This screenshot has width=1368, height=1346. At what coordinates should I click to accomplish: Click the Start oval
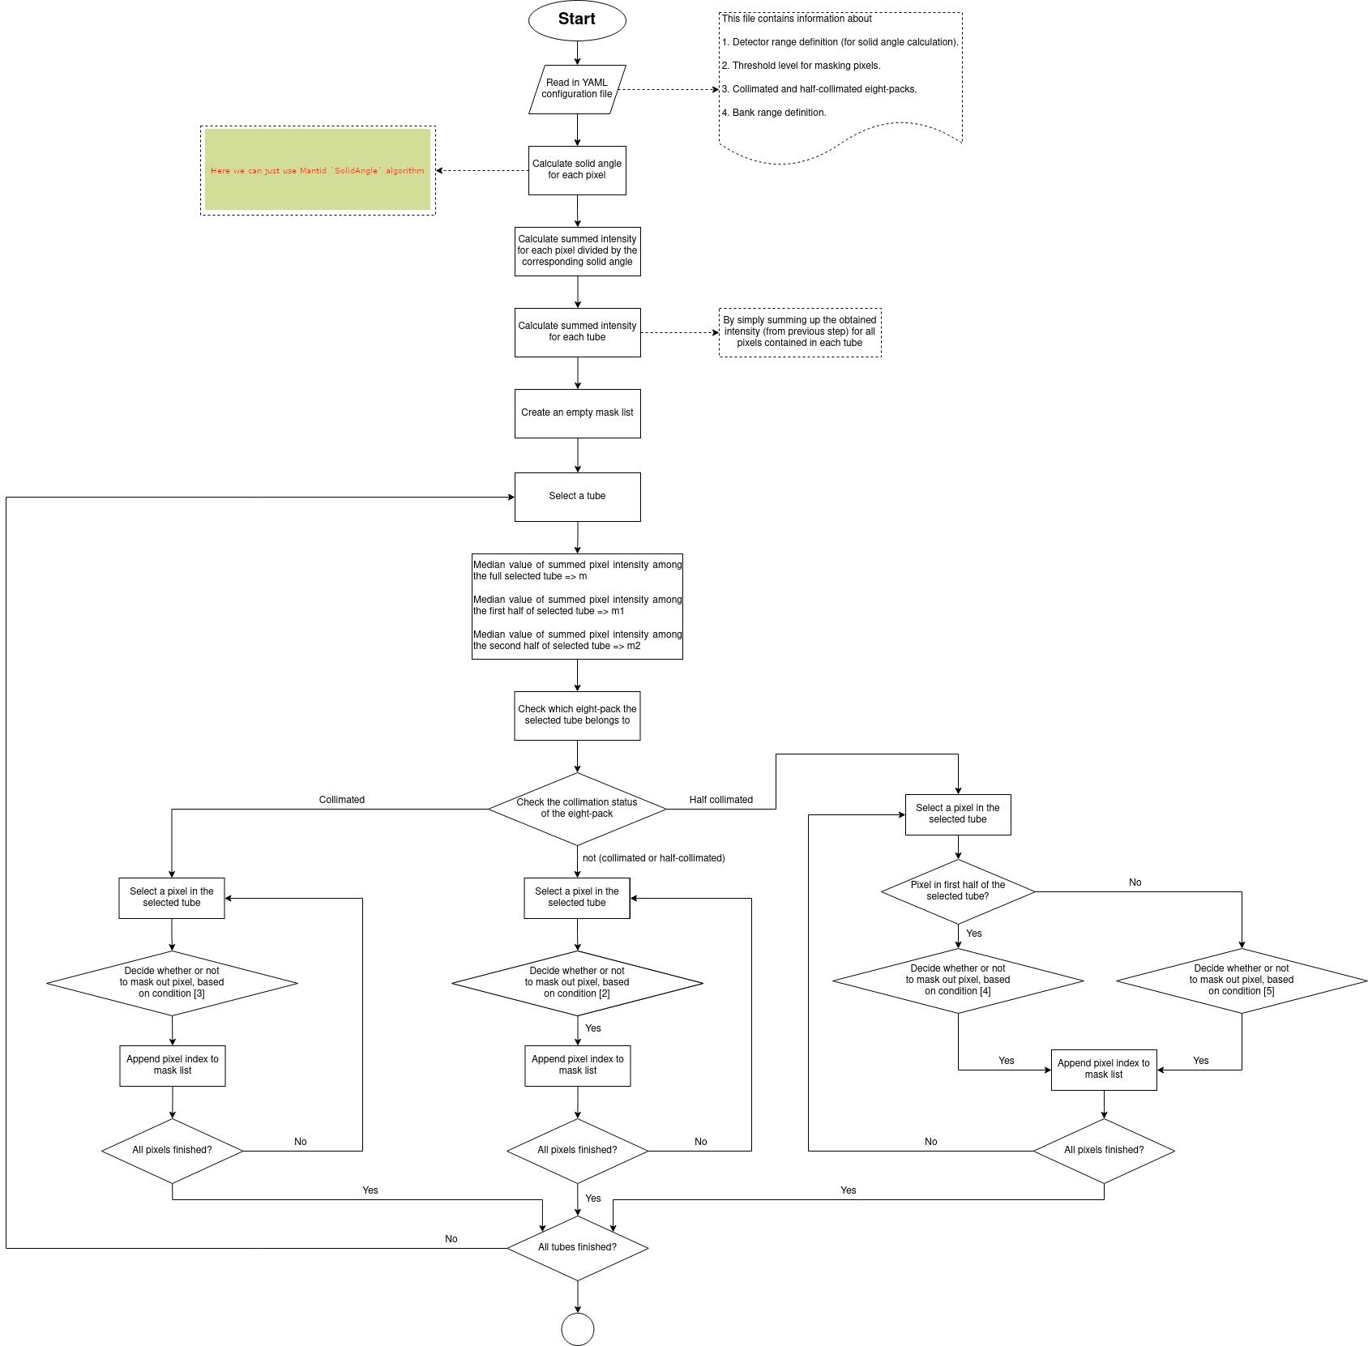pyautogui.click(x=577, y=20)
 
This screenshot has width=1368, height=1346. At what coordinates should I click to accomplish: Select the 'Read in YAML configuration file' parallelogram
pyautogui.click(x=577, y=89)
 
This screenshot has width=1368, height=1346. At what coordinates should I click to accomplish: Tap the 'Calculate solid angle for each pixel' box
pyautogui.click(x=577, y=170)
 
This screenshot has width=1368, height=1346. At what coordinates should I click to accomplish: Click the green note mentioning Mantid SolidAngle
pyautogui.click(x=318, y=170)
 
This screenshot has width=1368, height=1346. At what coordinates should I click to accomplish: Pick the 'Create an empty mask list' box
pyautogui.click(x=577, y=413)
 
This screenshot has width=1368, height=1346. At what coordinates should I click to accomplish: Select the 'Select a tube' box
pyautogui.click(x=577, y=497)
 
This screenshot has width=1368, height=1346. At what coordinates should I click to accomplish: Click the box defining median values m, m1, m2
pyautogui.click(x=577, y=606)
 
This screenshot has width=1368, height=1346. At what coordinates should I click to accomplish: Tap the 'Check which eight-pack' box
pyautogui.click(x=577, y=716)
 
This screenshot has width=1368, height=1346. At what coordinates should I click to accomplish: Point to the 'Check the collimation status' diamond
pyautogui.click(x=577, y=809)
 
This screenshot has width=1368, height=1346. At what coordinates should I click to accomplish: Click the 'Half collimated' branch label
pyautogui.click(x=720, y=800)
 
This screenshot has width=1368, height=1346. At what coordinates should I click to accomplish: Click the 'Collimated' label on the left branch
pyautogui.click(x=341, y=800)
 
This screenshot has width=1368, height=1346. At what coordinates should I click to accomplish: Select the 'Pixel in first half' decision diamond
pyautogui.click(x=958, y=891)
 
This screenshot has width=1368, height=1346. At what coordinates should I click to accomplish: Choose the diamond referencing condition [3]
pyautogui.click(x=172, y=982)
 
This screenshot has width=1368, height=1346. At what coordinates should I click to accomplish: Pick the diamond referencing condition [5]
pyautogui.click(x=1242, y=981)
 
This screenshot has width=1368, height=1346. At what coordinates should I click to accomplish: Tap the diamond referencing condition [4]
pyautogui.click(x=958, y=981)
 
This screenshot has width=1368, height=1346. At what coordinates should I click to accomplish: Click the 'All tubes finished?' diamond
pyautogui.click(x=577, y=1248)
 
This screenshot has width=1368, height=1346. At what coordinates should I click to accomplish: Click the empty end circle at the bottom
pyautogui.click(x=578, y=1329)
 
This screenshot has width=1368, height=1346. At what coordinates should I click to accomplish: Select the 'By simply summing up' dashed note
pyautogui.click(x=800, y=332)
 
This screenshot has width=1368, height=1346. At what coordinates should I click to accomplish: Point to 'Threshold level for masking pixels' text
pyautogui.click(x=806, y=66)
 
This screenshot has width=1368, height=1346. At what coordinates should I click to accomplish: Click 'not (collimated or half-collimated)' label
pyautogui.click(x=653, y=858)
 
